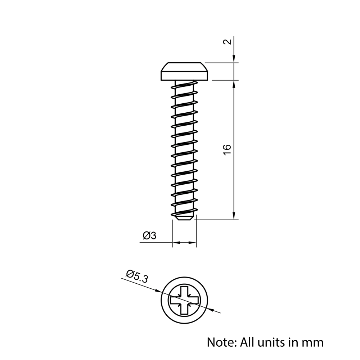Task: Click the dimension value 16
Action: coord(227,149)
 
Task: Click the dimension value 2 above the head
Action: coord(227,41)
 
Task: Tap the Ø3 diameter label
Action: coord(149,236)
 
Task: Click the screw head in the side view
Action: coord(184,72)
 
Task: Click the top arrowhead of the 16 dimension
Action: coord(234,84)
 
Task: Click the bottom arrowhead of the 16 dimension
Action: coord(234,216)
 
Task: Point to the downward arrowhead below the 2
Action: coord(234,59)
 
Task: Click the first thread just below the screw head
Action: coord(184,86)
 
